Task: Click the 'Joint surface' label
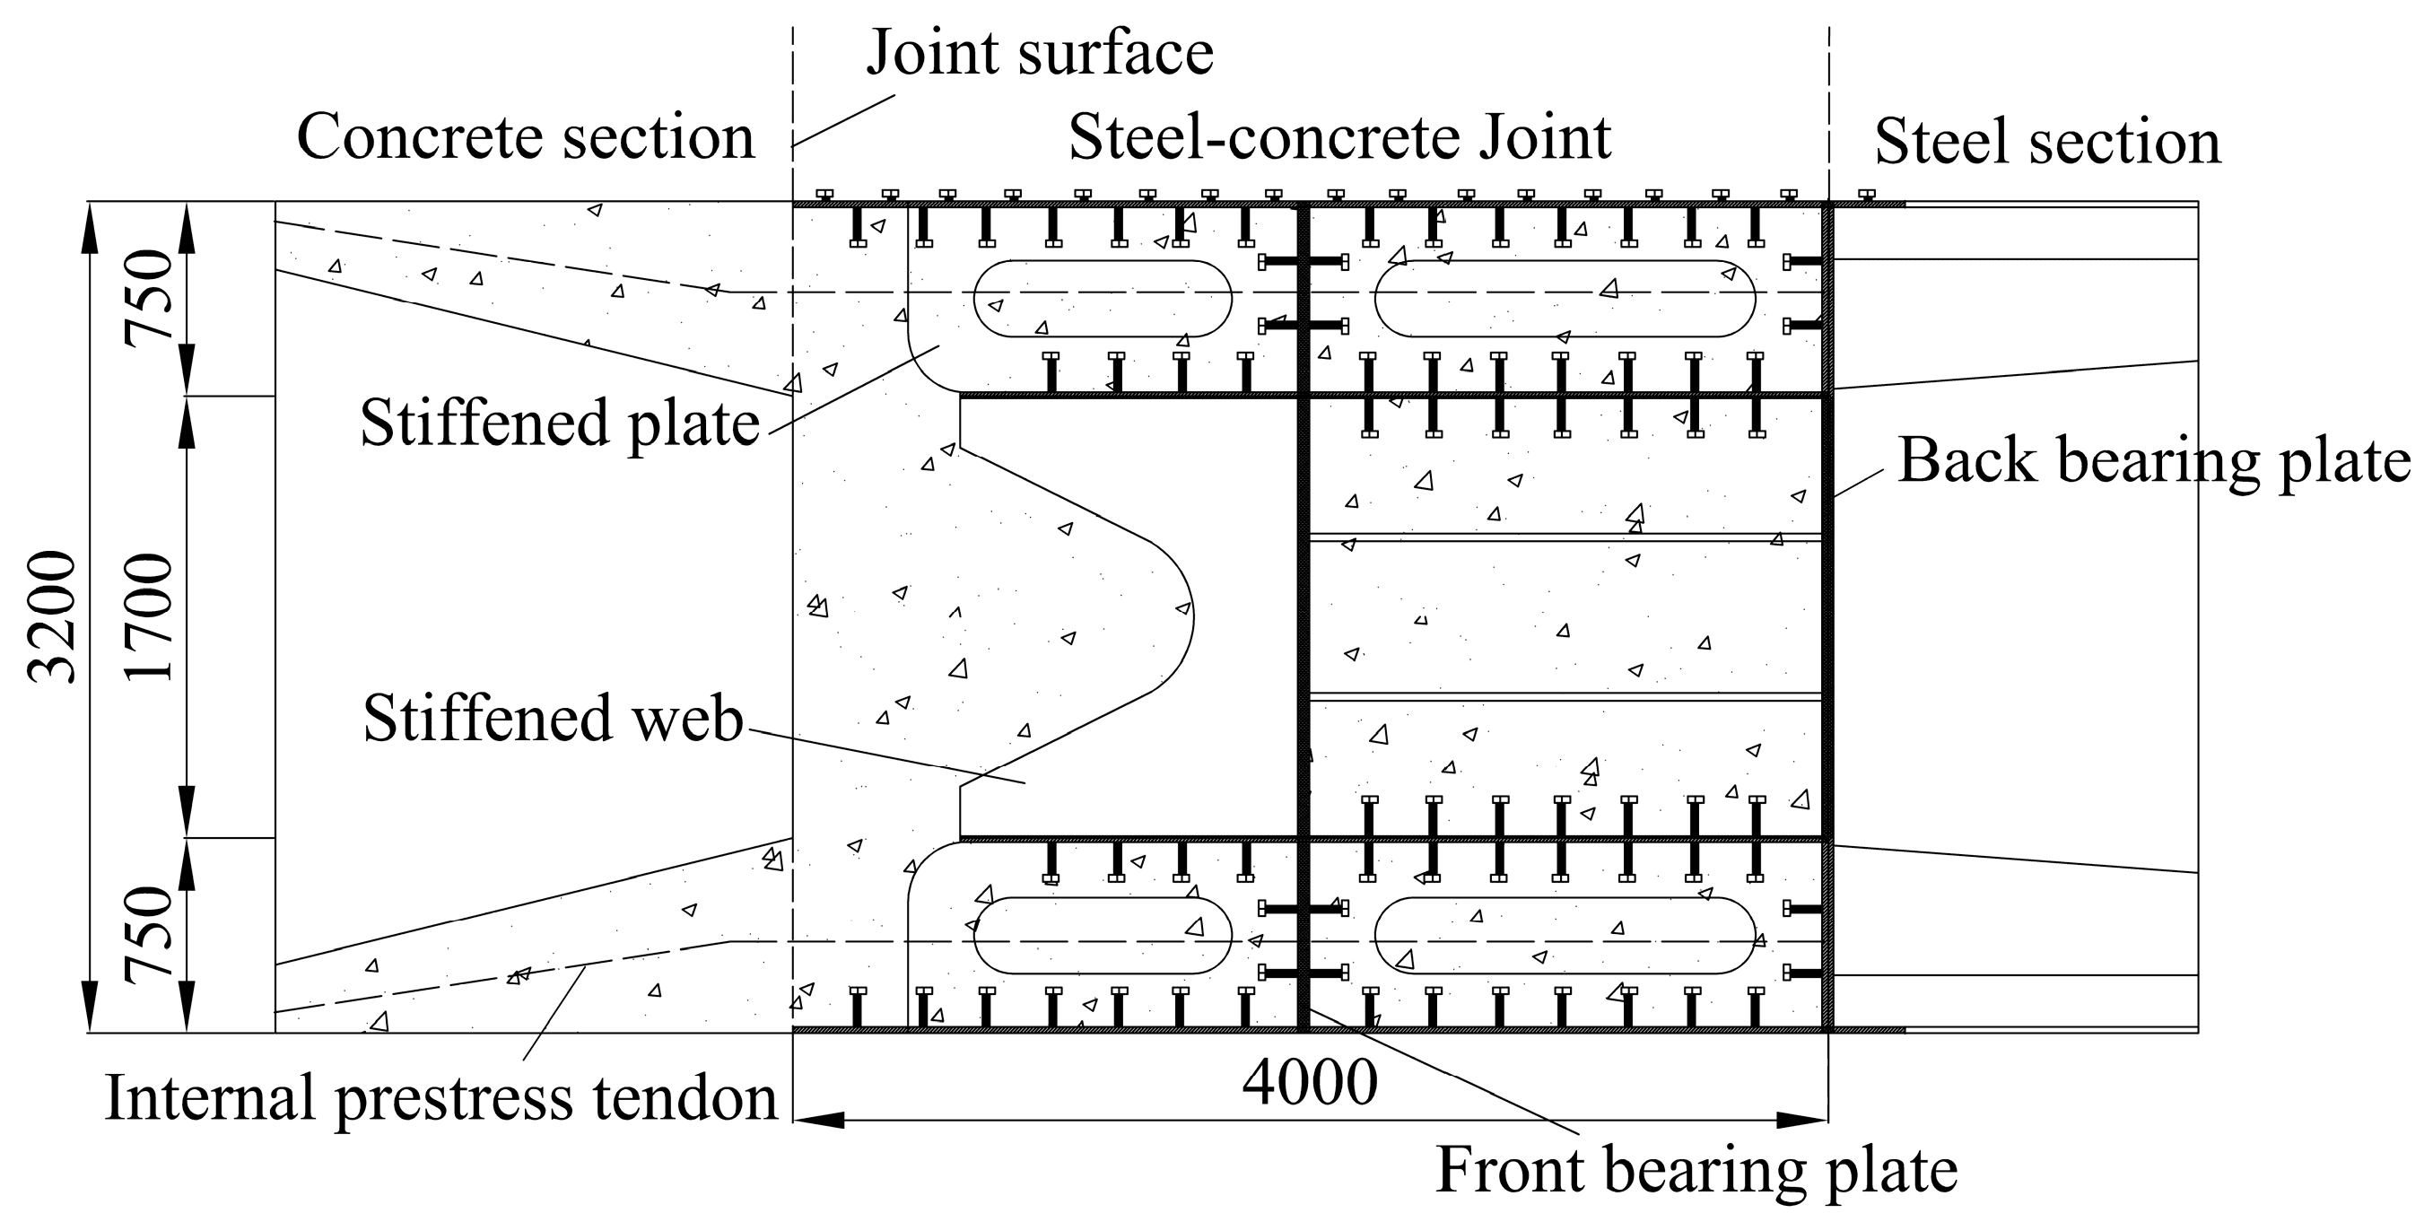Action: coord(1039,53)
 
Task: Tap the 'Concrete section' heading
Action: coord(525,138)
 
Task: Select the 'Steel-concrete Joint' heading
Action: coord(1339,138)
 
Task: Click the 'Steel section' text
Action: coord(2046,143)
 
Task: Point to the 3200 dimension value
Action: coord(53,616)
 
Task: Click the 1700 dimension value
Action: coord(151,616)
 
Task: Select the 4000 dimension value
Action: coord(1309,1084)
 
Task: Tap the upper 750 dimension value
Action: coord(151,299)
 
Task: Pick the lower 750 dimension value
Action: coord(151,935)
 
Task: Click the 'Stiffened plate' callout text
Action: coord(559,423)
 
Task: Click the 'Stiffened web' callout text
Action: coord(553,720)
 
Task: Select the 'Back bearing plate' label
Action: coord(2153,461)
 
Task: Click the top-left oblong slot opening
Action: coord(1102,299)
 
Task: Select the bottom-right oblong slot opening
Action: coord(1564,935)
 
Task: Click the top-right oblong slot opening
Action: coord(1564,299)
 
